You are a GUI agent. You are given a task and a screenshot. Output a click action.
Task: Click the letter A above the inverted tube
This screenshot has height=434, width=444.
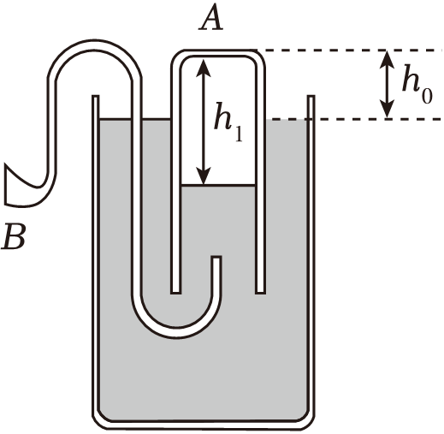211,18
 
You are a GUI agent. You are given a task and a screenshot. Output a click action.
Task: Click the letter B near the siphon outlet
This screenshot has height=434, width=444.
14,236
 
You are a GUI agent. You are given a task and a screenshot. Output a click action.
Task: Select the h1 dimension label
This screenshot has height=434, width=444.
228,122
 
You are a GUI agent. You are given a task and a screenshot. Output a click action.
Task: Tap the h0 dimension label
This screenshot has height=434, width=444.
417,84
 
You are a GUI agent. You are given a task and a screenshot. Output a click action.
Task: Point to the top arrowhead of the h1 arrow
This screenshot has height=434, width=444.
203,68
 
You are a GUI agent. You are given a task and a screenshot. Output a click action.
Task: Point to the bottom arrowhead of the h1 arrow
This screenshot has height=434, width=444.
203,176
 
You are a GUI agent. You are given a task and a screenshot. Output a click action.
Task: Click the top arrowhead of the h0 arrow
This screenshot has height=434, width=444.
387,59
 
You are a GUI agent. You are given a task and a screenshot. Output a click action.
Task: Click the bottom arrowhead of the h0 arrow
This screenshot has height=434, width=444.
387,109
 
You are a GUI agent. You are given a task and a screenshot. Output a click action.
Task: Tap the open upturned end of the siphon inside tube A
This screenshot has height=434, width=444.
216,258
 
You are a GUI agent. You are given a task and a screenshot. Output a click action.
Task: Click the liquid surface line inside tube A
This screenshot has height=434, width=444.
218,186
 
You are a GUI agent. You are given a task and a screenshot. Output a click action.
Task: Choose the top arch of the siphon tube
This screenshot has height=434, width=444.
94,45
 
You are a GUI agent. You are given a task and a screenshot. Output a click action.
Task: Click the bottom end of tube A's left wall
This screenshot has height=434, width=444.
175,292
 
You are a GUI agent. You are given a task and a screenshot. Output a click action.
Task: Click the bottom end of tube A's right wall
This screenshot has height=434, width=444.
260,292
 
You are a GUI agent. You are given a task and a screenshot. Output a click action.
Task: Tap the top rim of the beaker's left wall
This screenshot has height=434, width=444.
96,97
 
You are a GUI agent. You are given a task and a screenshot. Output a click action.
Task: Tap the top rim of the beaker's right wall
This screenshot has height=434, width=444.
311,97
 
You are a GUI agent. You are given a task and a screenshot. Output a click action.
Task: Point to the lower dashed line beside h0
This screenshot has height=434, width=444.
353,119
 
